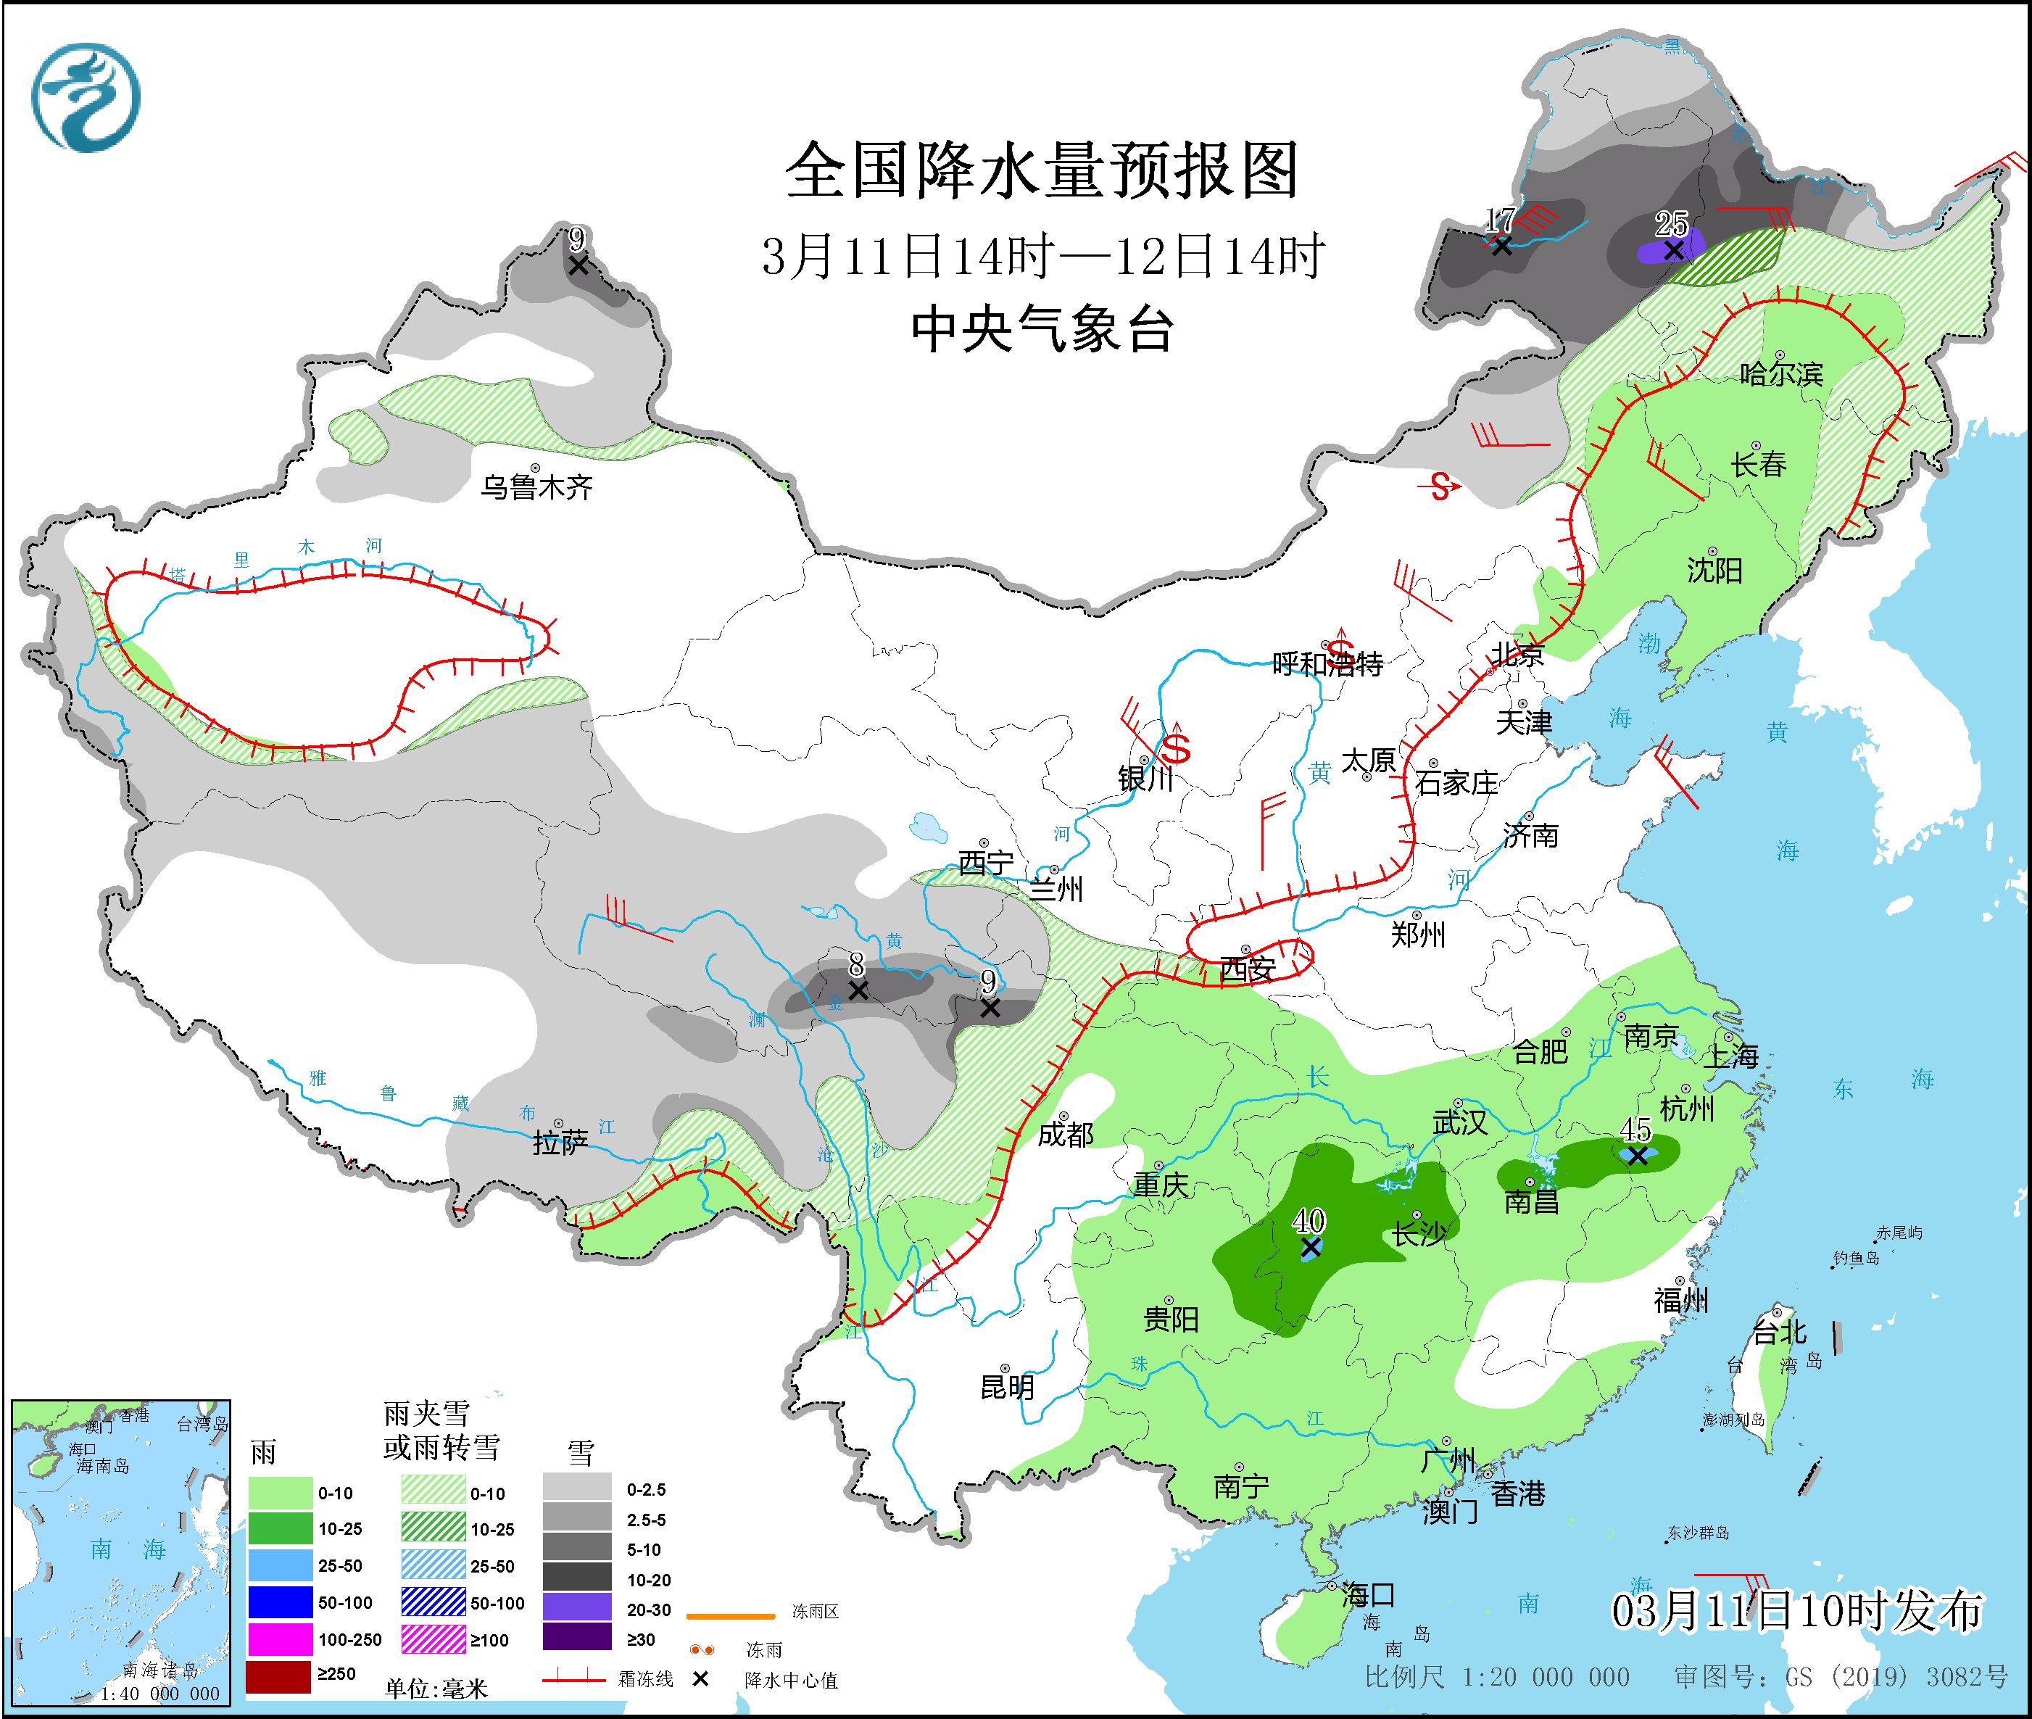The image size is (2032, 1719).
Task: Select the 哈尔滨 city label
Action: pyautogui.click(x=1780, y=373)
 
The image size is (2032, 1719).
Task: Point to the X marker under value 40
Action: pyautogui.click(x=1310, y=1247)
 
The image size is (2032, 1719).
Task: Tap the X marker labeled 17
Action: pyautogui.click(x=1502, y=247)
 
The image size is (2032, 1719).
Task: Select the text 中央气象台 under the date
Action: pyautogui.click(x=1042, y=329)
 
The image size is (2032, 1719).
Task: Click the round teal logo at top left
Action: pyautogui.click(x=86, y=97)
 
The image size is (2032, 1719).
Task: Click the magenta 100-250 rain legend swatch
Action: pyautogui.click(x=278, y=1640)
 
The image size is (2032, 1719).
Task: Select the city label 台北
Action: pyautogui.click(x=1780, y=1331)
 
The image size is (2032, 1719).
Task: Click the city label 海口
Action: pyautogui.click(x=1368, y=1595)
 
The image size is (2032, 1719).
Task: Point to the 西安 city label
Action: pyautogui.click(x=1248, y=969)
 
